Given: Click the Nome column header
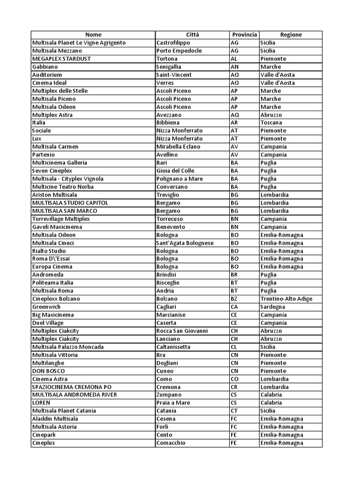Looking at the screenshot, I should tap(93, 35).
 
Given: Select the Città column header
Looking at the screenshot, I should tap(192, 35).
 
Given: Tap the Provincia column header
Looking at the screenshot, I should tap(244, 35).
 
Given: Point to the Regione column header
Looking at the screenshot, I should tap(291, 35).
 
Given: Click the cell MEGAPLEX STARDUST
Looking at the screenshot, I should tap(61, 59).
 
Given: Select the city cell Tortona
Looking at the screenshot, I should tap(167, 59).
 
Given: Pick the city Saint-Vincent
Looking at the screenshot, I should tap(174, 75).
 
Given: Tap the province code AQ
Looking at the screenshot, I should tap(235, 115).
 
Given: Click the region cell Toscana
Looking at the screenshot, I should tap(271, 123).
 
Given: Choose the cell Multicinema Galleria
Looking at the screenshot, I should tap(60, 163).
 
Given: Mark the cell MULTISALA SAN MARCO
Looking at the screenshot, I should tap(64, 211).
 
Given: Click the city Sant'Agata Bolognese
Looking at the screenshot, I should tap(185, 243).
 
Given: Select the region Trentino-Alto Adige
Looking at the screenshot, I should tap(286, 299).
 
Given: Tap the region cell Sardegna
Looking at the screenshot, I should tap(273, 307).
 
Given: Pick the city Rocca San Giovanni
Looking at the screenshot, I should tap(182, 331).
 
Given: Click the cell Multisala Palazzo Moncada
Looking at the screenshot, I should tap(68, 347).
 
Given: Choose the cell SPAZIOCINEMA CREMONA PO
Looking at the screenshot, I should tap(72, 387).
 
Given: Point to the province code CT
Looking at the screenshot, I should tap(235, 411).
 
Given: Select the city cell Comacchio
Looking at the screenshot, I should tap(171, 443).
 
